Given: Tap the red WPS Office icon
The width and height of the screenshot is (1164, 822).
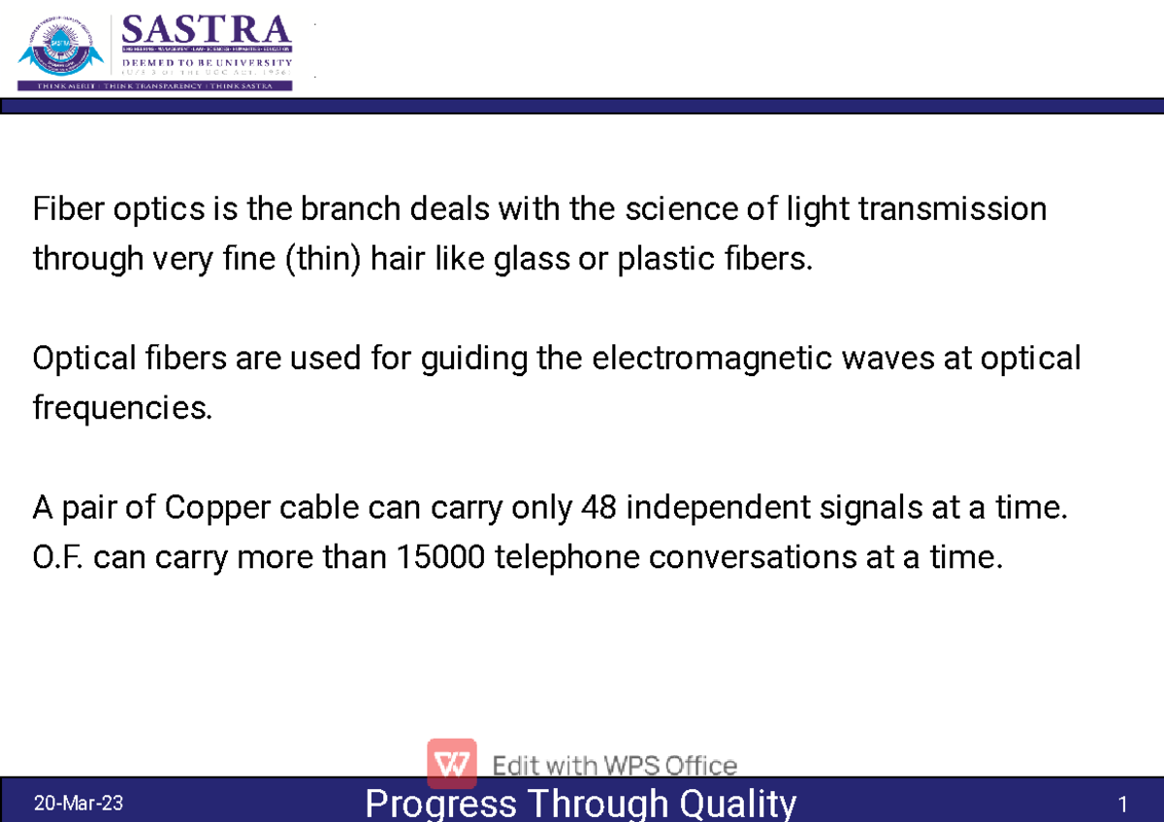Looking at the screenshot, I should [451, 763].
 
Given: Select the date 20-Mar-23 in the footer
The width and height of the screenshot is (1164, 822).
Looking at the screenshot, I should [79, 804].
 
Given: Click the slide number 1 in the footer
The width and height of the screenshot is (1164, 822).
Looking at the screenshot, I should [1122, 805].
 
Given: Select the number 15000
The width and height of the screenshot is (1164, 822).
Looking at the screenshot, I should [445, 557].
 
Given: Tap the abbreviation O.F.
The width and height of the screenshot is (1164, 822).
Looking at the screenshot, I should [59, 557].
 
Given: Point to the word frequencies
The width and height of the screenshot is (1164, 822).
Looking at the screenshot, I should [121, 409].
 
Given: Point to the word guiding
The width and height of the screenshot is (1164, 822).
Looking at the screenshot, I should [474, 359].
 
